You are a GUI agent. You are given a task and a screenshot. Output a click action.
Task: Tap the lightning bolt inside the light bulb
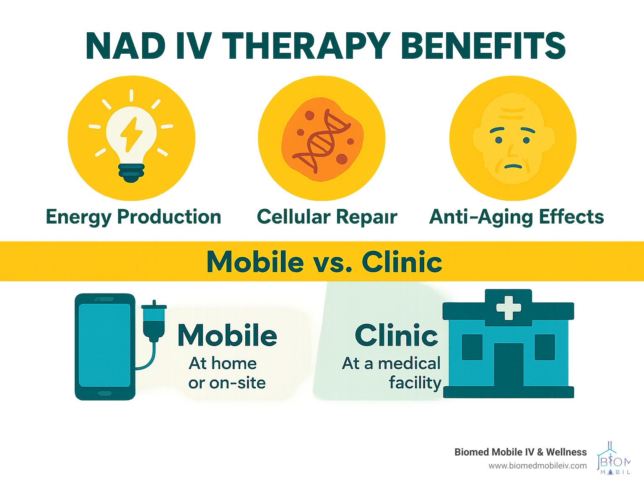tap(131, 135)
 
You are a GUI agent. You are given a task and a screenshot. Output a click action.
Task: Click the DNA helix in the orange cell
tap(322, 141)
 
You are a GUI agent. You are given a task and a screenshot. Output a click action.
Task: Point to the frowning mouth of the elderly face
tap(513, 167)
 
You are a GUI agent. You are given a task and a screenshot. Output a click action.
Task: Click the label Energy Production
tap(133, 217)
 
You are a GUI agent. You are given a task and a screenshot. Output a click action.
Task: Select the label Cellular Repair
tap(327, 217)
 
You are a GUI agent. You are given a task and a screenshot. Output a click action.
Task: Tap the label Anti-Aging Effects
tap(517, 217)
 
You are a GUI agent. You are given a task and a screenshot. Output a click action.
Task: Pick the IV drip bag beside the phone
tap(154, 321)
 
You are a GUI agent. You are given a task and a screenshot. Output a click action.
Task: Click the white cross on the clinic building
tap(509, 307)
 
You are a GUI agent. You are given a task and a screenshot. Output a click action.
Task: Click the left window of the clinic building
tap(472, 347)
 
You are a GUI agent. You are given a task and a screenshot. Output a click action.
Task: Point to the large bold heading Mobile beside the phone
tap(227, 335)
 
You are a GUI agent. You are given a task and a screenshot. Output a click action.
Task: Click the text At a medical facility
tap(392, 373)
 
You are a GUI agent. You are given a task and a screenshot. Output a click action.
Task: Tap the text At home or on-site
tap(227, 373)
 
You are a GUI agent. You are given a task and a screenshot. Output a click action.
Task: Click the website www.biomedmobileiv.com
tap(538, 466)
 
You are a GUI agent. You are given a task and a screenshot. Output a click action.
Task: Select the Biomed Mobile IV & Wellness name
tap(520, 452)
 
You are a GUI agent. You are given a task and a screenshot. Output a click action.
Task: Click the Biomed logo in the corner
tap(613, 458)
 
